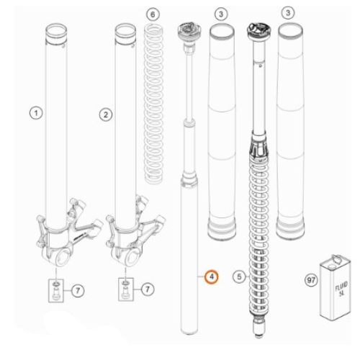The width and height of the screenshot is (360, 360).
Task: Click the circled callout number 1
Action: tap(36, 113)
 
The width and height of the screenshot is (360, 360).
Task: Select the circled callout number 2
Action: tap(106, 114)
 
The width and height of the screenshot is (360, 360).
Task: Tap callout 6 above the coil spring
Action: tap(153, 14)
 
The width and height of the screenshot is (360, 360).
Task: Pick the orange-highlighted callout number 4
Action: tap(212, 276)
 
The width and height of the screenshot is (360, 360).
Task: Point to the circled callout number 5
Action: tap(239, 276)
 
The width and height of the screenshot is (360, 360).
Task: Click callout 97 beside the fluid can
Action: tap(311, 280)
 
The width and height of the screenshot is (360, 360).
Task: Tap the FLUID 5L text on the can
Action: tap(341, 289)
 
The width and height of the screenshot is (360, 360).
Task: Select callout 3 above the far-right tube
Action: tap(288, 12)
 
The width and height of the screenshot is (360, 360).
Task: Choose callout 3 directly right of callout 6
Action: tap(221, 14)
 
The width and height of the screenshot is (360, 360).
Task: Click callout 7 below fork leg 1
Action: tap(78, 291)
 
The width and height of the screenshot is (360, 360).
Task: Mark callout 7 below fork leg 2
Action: tap(148, 289)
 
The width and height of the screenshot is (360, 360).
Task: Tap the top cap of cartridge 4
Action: tap(189, 31)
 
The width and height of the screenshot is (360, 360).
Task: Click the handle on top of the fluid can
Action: tap(336, 259)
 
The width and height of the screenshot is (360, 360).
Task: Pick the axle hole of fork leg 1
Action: tap(63, 257)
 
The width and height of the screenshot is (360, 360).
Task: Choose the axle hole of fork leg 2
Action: tap(132, 257)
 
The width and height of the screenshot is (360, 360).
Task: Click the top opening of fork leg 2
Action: tap(125, 30)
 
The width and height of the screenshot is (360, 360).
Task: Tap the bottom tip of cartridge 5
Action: tap(258, 336)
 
